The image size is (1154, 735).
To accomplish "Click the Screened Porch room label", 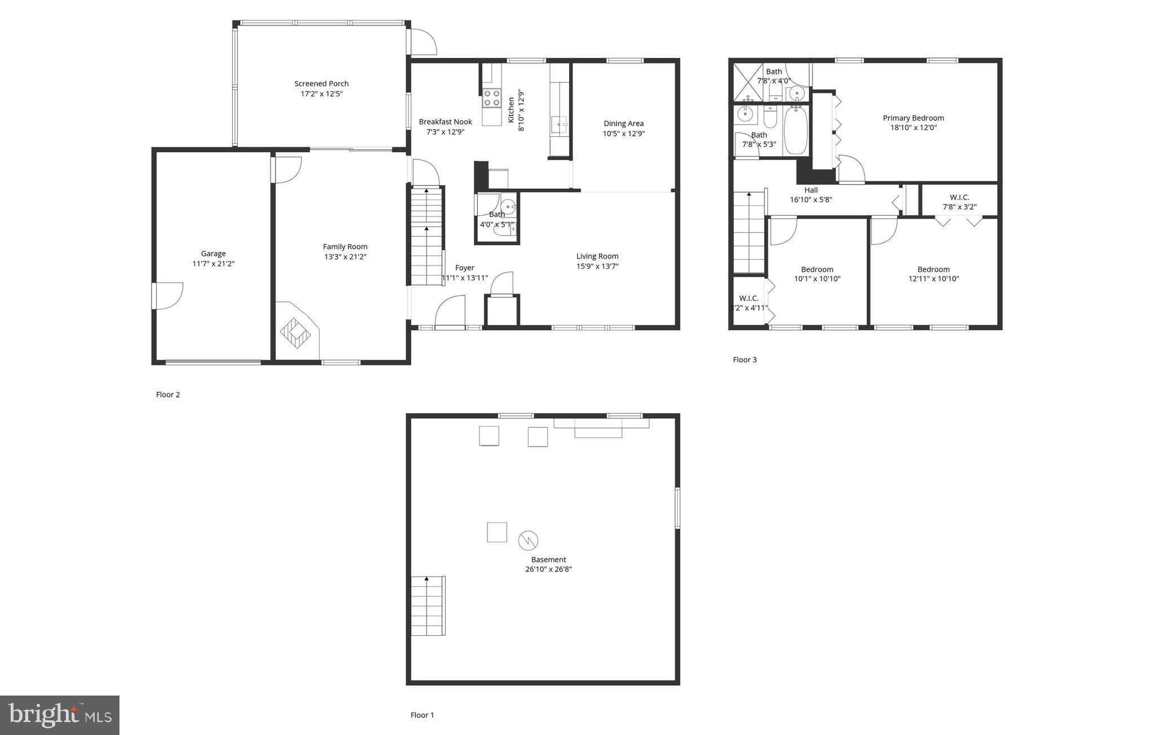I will [x=321, y=83].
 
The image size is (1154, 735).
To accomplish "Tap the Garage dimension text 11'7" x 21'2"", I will [x=213, y=263].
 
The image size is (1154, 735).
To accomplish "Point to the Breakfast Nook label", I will [x=445, y=122].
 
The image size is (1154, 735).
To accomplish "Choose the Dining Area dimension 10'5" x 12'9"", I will [x=623, y=134].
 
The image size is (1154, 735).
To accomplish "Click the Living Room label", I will [x=597, y=256].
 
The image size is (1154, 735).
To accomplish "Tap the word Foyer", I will [x=465, y=268].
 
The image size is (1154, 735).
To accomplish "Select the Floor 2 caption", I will [x=168, y=395].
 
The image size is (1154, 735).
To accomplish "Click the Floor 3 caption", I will [x=744, y=360].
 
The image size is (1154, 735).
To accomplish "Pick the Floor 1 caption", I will [x=422, y=715].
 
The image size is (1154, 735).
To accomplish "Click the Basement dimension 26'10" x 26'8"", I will [x=548, y=569].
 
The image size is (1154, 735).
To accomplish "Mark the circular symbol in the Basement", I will [x=528, y=541].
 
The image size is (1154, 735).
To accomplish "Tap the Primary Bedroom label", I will [x=913, y=118].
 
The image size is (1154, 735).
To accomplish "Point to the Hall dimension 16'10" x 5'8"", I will [x=811, y=200].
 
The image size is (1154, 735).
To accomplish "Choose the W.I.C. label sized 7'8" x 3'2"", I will [x=959, y=197].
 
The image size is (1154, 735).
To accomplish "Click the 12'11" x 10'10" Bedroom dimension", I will [x=933, y=278].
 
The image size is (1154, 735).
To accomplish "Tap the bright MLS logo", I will [x=60, y=715].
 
